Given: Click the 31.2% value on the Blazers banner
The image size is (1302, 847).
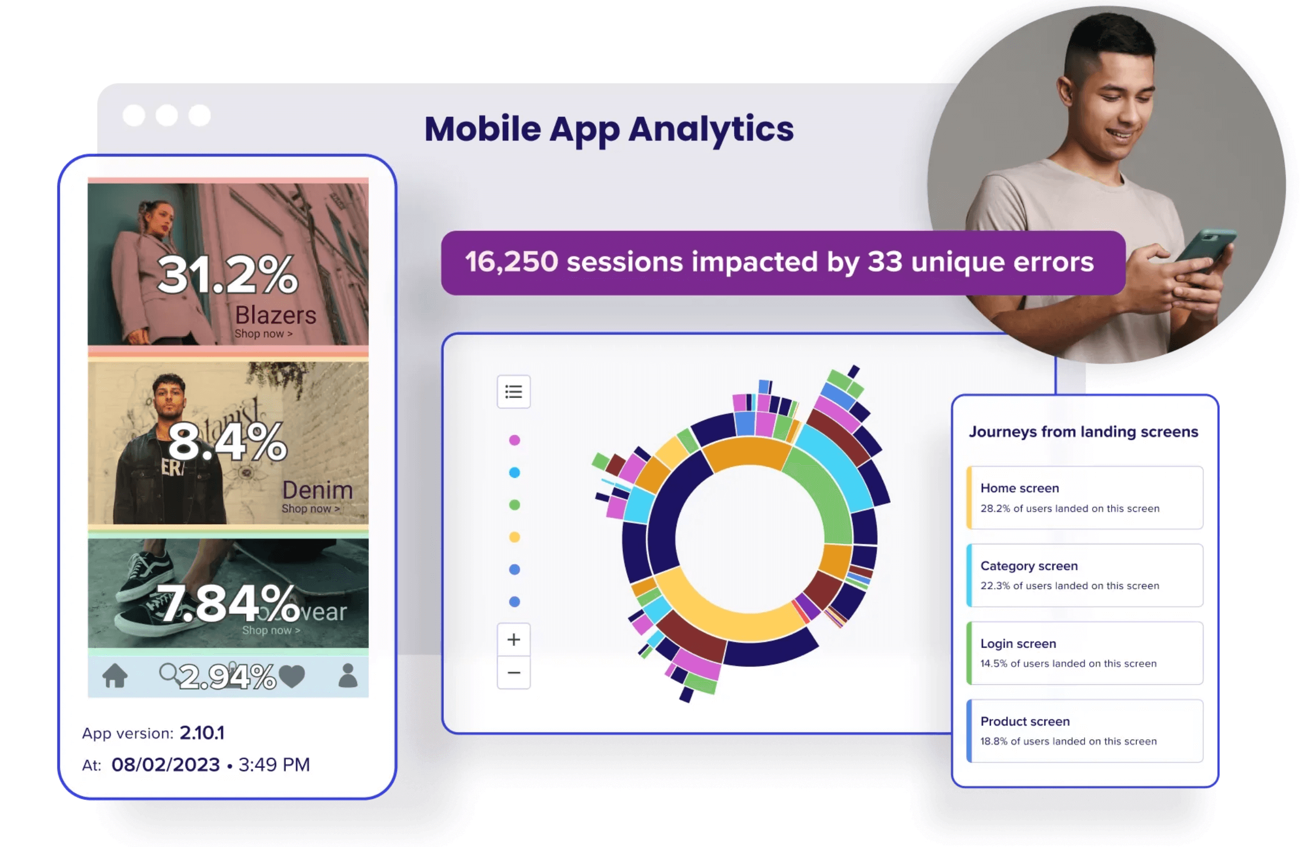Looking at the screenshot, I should click(227, 274).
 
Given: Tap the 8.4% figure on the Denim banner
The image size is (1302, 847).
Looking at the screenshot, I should click(227, 442).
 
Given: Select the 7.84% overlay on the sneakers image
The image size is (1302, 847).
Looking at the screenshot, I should click(227, 604).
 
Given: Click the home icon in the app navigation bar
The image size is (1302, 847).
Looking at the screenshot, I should click(115, 675).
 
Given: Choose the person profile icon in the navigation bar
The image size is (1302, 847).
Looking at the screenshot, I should click(348, 675).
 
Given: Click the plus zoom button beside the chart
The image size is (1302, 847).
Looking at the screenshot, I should click(513, 639).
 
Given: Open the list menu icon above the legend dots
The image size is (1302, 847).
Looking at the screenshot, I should click(513, 392).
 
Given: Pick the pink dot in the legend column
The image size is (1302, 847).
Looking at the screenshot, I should click(514, 440).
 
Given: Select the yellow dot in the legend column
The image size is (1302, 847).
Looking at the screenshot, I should click(514, 537).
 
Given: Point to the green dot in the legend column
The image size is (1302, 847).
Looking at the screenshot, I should click(514, 505).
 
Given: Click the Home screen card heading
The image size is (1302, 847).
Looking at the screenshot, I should click(1019, 487).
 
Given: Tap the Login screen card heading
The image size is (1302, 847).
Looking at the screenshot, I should click(1018, 644).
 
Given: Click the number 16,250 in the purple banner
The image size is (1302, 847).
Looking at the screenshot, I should click(511, 262).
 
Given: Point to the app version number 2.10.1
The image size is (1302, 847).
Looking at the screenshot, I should click(202, 733).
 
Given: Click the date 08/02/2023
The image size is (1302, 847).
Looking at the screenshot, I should click(166, 765).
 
